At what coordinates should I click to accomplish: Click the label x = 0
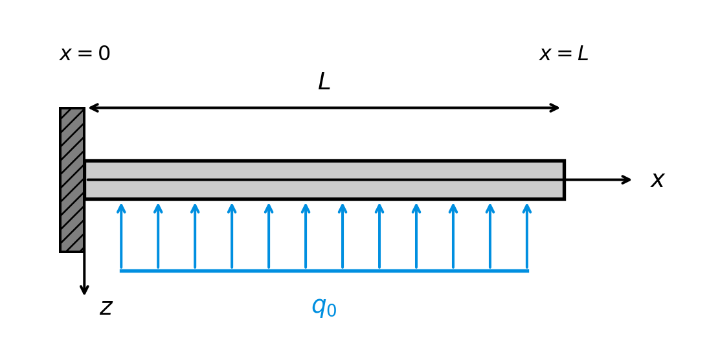point(85,54)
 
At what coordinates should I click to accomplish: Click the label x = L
point(563,54)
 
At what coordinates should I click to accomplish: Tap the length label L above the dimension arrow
point(324,82)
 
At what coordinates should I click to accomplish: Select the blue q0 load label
point(324,306)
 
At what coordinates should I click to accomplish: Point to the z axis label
point(106,308)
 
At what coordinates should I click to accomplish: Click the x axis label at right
point(657,180)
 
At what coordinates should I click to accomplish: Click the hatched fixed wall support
point(72,180)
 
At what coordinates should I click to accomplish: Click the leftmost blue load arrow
point(121,236)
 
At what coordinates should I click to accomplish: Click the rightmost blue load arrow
point(527,236)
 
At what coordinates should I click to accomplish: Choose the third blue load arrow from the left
point(195,236)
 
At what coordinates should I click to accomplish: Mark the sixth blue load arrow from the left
point(306,236)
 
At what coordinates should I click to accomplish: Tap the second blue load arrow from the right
point(490,236)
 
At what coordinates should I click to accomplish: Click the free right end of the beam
point(562,180)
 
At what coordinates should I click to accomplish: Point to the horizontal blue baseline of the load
point(324,271)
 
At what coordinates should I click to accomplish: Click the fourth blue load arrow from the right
point(416,236)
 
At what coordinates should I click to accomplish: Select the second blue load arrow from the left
point(158,236)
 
